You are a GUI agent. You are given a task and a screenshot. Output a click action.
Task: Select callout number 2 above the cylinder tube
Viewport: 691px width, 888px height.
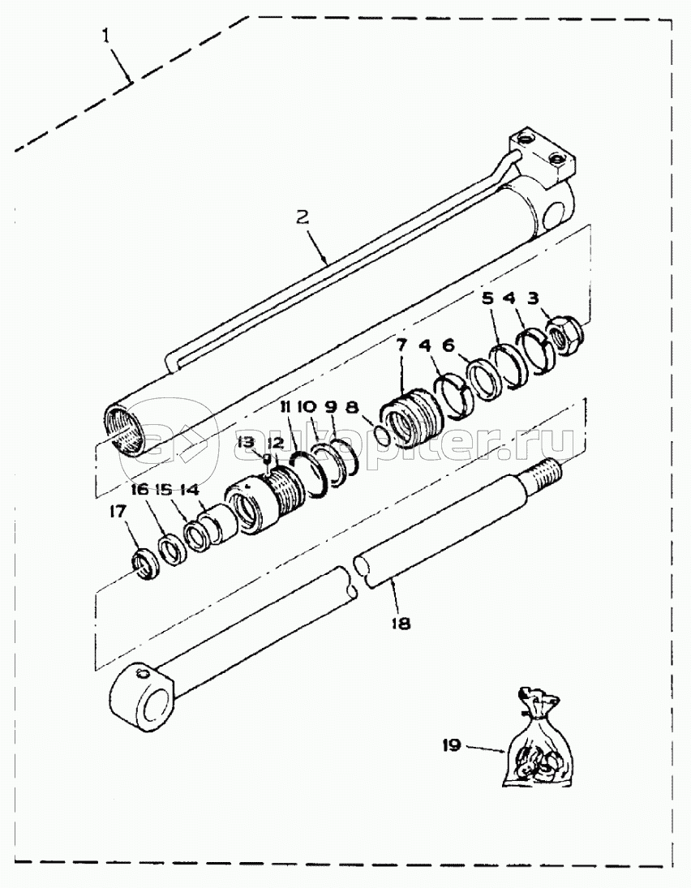(303, 217)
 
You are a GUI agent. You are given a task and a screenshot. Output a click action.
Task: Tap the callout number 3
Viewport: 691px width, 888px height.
(532, 298)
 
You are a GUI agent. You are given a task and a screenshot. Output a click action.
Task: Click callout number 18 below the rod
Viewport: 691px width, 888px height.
(401, 624)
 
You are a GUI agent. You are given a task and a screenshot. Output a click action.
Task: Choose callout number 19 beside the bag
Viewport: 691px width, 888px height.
(452, 746)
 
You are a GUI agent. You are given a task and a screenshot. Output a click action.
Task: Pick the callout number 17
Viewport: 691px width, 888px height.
(118, 512)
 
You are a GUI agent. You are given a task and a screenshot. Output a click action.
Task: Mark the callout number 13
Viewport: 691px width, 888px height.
(247, 441)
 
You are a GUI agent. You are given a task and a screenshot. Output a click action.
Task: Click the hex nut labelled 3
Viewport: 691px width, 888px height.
(565, 337)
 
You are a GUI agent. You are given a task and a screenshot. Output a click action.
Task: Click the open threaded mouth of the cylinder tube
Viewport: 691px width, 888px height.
(127, 431)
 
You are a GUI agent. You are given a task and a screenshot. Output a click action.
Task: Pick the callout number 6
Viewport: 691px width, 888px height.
(448, 345)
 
